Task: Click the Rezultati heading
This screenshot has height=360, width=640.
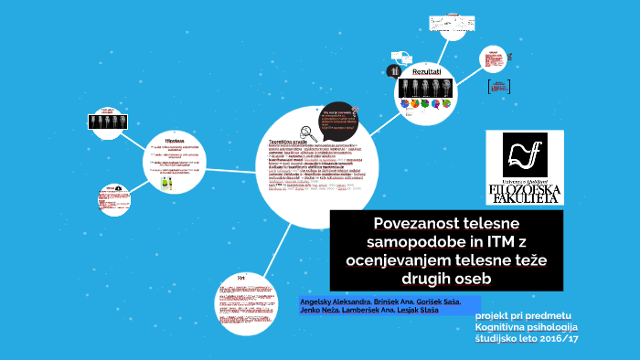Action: tap(427, 71)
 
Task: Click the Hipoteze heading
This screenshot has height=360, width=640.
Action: tap(175, 140)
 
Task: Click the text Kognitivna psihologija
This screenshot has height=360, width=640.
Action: tap(527, 326)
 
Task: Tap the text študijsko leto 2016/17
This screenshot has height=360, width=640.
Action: tap(527, 338)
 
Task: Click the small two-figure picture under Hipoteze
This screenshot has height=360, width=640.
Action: tap(165, 181)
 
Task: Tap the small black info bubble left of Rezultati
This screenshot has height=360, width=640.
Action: tap(395, 70)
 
